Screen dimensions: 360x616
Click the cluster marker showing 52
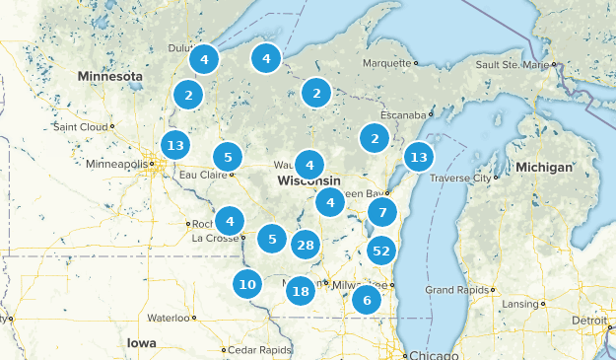point(381,251)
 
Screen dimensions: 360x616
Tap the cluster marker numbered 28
point(306,246)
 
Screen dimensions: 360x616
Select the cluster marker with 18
point(301,290)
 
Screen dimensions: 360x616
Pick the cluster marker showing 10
point(247,285)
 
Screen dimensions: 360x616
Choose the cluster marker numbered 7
point(382,212)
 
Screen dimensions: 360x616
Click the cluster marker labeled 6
point(367,300)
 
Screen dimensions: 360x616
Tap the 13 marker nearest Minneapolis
point(175,146)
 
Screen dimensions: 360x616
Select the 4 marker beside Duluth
point(204,59)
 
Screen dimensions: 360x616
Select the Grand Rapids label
point(453,290)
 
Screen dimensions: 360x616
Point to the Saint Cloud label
point(82,126)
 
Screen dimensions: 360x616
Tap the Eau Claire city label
point(201,176)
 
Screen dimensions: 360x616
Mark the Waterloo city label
point(167,319)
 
